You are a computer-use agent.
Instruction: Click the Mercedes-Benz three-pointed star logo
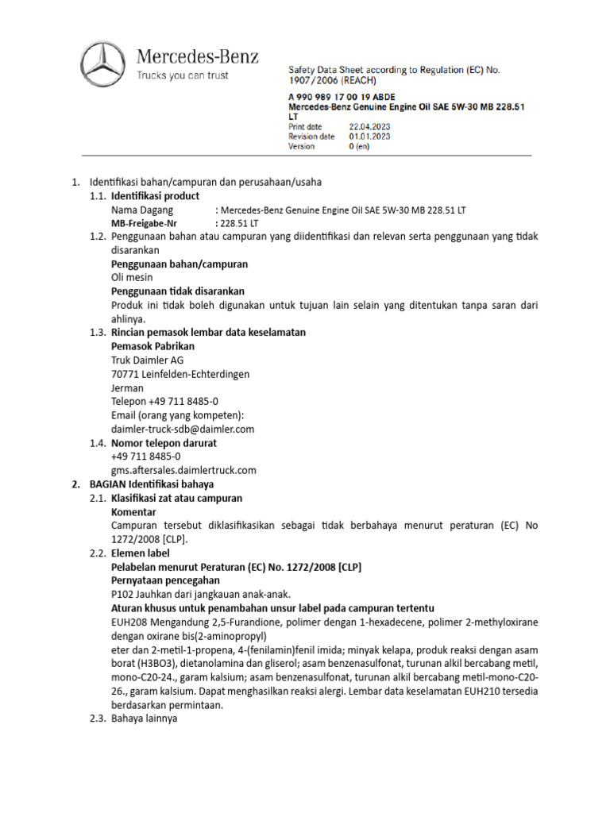click(x=103, y=64)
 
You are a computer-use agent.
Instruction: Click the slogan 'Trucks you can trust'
click(x=183, y=76)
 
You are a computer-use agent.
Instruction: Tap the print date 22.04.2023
click(x=370, y=126)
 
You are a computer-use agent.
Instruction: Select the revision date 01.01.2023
click(x=370, y=137)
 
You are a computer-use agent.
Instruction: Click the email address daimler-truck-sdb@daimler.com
click(x=183, y=429)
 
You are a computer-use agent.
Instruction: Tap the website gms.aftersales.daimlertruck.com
click(x=183, y=470)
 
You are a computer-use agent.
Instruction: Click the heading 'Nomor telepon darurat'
click(x=164, y=442)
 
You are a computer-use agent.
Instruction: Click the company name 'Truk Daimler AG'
click(x=148, y=360)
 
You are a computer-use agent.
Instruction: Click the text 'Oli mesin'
click(x=132, y=278)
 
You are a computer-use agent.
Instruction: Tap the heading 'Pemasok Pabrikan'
click(x=152, y=346)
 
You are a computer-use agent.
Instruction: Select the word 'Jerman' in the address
click(x=128, y=388)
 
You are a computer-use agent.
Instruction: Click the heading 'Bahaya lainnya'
click(x=144, y=719)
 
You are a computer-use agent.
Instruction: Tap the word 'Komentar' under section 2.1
click(x=135, y=511)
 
